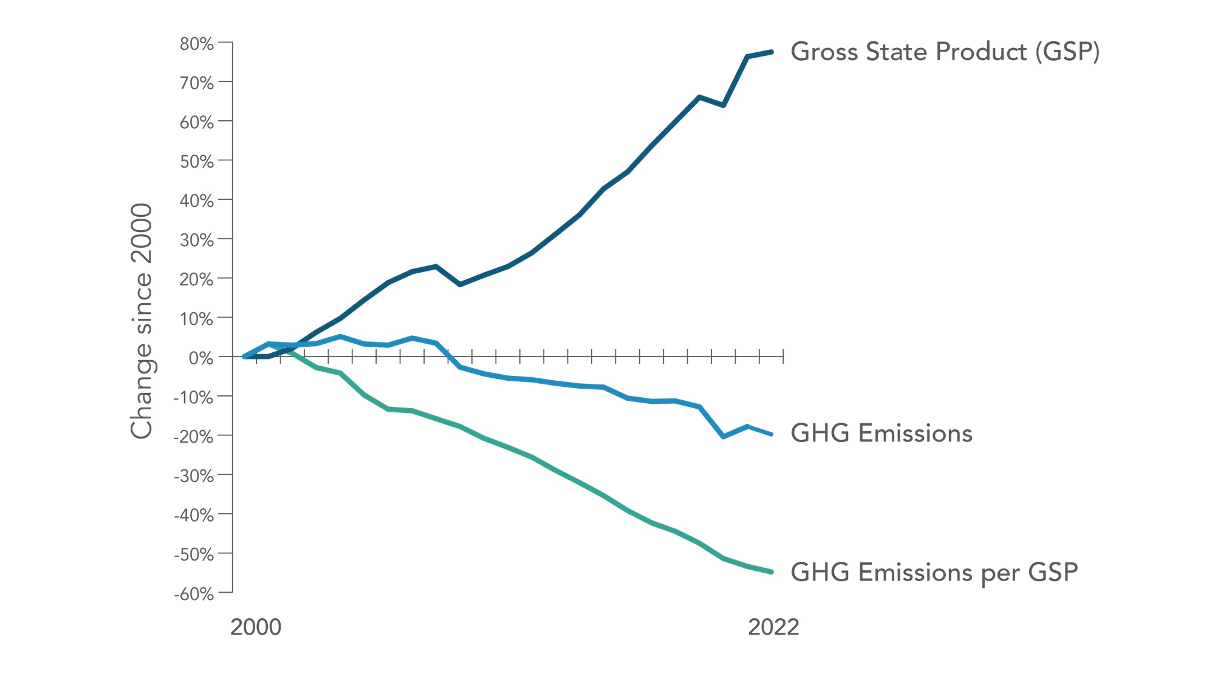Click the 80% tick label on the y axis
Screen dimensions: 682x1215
point(196,44)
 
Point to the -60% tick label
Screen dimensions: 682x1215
point(194,593)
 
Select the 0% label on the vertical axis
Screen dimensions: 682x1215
point(200,358)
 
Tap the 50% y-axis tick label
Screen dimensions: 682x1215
point(196,162)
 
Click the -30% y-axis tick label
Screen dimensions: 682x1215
point(194,476)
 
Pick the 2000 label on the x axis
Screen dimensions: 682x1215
point(256,627)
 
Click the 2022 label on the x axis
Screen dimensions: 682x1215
point(773,627)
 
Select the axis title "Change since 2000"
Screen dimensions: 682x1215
point(142,321)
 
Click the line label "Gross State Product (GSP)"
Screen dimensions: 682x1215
point(945,52)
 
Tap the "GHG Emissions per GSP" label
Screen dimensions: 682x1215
point(934,572)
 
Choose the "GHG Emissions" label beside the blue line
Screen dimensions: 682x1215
point(881,433)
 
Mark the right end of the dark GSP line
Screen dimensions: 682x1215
point(772,52)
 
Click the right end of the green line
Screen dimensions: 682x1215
point(772,571)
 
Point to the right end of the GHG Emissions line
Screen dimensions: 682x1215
point(772,434)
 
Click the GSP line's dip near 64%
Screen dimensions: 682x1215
point(724,105)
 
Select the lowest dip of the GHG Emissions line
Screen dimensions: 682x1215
point(724,437)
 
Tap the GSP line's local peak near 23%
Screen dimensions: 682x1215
point(436,266)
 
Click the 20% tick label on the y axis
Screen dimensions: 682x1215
point(196,279)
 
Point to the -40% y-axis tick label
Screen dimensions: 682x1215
point(194,515)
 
